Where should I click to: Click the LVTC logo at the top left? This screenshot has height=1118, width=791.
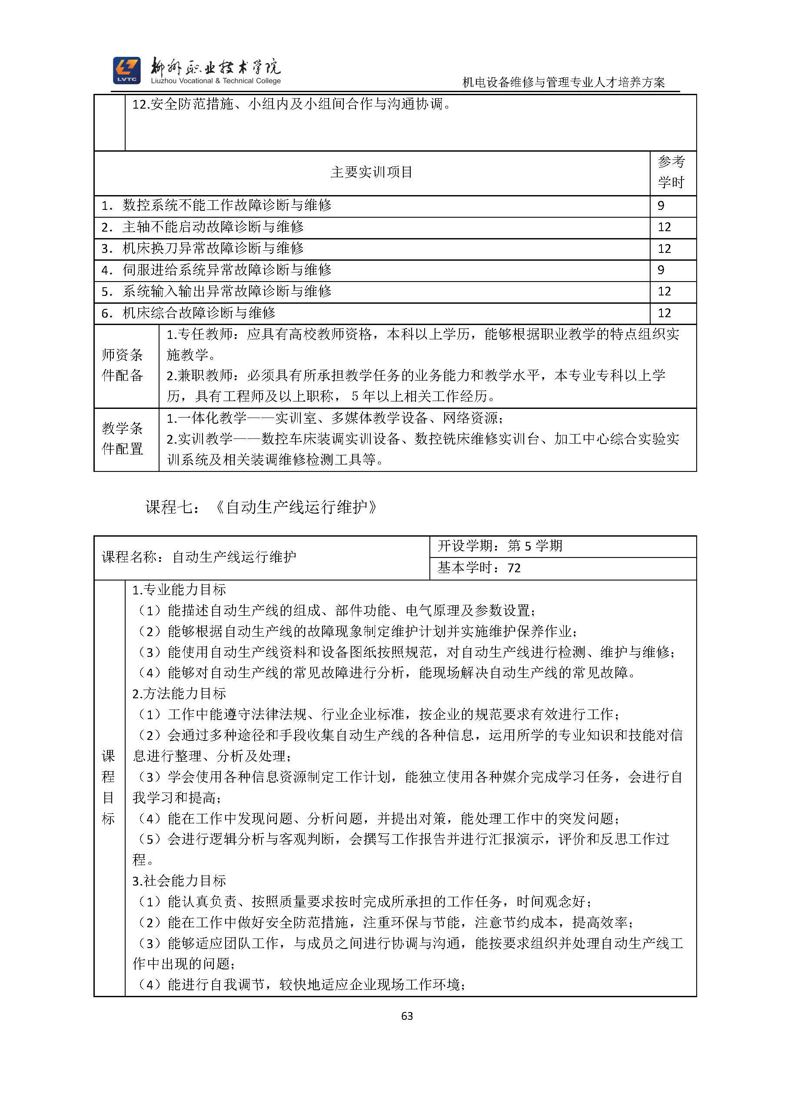click(126, 70)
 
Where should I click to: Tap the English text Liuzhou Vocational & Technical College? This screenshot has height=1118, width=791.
click(216, 81)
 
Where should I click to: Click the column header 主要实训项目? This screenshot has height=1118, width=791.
click(372, 173)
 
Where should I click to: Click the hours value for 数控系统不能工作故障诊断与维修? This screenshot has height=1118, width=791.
click(661, 206)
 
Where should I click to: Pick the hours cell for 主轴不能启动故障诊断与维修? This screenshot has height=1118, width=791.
click(665, 227)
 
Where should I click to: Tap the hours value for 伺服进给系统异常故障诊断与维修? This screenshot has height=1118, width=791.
click(661, 270)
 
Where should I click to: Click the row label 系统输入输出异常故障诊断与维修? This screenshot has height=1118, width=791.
click(226, 291)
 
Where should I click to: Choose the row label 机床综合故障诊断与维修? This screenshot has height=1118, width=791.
click(199, 312)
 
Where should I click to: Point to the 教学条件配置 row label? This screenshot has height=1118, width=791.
click(122, 439)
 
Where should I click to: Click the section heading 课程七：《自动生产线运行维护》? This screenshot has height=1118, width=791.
click(262, 508)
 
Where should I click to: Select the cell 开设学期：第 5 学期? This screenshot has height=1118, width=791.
click(500, 546)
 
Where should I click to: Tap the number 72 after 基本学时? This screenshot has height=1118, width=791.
click(514, 568)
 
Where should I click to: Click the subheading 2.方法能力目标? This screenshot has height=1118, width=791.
click(179, 693)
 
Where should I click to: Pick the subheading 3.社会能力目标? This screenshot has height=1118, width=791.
click(179, 881)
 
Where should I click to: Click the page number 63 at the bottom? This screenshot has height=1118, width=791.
click(407, 1016)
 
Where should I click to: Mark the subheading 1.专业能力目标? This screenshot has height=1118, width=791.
click(179, 590)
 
